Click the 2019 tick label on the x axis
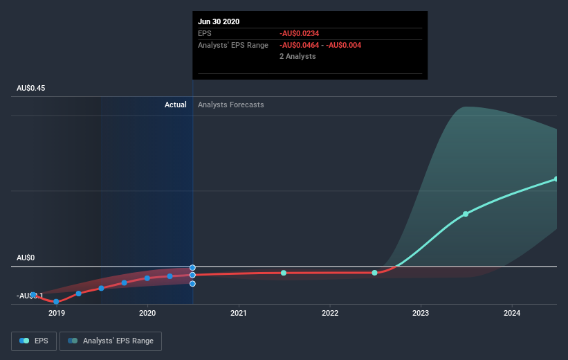coord(56,313)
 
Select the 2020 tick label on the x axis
coord(147,313)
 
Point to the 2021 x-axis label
coord(239,313)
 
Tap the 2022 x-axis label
coord(330,313)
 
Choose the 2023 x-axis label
coord(421,313)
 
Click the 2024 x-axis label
coord(512,313)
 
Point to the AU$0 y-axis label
coord(26,258)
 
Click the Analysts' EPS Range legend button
coord(111,341)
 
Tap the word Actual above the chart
coord(175,105)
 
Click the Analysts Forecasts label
coord(230,105)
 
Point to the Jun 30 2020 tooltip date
coord(219,21)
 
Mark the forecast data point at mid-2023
coord(466,214)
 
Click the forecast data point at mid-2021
coord(284,273)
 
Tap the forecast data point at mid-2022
coord(374,273)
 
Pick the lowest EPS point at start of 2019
coord(56,302)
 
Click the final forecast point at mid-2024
coord(556,179)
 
